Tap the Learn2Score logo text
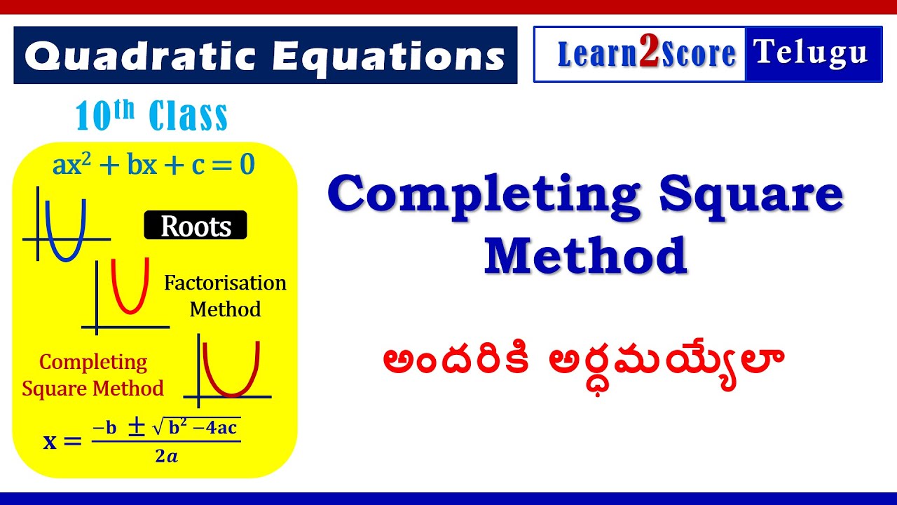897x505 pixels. click(x=646, y=55)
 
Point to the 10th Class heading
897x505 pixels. click(x=151, y=116)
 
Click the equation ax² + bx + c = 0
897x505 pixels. click(x=153, y=166)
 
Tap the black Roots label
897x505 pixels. click(x=196, y=226)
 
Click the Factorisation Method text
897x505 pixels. click(x=225, y=296)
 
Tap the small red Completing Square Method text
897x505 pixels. click(x=93, y=375)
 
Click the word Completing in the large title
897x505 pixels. click(x=484, y=196)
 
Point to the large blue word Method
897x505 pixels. click(x=585, y=256)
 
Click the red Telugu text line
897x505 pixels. click(x=583, y=361)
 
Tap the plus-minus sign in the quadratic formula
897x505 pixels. click(x=137, y=427)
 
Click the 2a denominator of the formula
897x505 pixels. click(x=166, y=457)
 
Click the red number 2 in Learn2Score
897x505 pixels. click(x=649, y=55)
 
